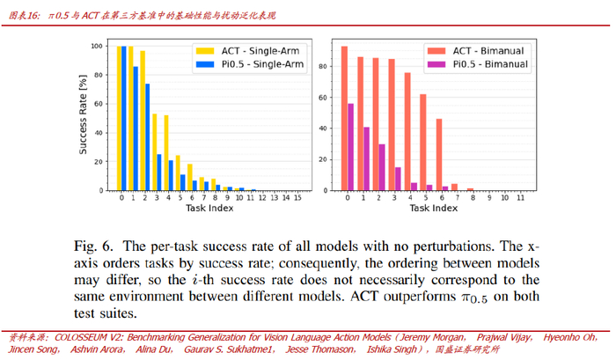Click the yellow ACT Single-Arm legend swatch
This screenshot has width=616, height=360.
coord(205,51)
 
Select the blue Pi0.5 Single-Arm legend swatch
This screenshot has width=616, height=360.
coord(205,64)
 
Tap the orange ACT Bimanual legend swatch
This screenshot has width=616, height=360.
coord(436,51)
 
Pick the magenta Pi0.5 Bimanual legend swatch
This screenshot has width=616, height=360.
coord(436,64)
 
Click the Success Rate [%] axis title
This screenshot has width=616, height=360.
coord(83,114)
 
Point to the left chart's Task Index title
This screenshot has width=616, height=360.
coord(209,208)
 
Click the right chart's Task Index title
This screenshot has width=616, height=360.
coord(434,208)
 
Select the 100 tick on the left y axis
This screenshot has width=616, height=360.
coord(97,46)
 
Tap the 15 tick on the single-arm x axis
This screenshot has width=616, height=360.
coord(297,198)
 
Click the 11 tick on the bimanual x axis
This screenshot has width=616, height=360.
coord(521,198)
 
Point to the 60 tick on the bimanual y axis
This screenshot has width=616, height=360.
coord(323,98)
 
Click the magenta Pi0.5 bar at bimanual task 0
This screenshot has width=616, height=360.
coord(350,147)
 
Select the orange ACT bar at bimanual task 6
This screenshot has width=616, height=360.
coord(439,155)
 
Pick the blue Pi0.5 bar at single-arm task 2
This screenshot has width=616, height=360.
coord(147,137)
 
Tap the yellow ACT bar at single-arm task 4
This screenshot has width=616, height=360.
coord(166,153)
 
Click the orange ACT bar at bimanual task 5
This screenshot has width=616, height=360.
coord(423,143)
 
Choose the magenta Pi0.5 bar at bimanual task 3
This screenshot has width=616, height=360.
coord(398,179)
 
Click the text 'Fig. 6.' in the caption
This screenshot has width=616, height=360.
coord(93,246)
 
